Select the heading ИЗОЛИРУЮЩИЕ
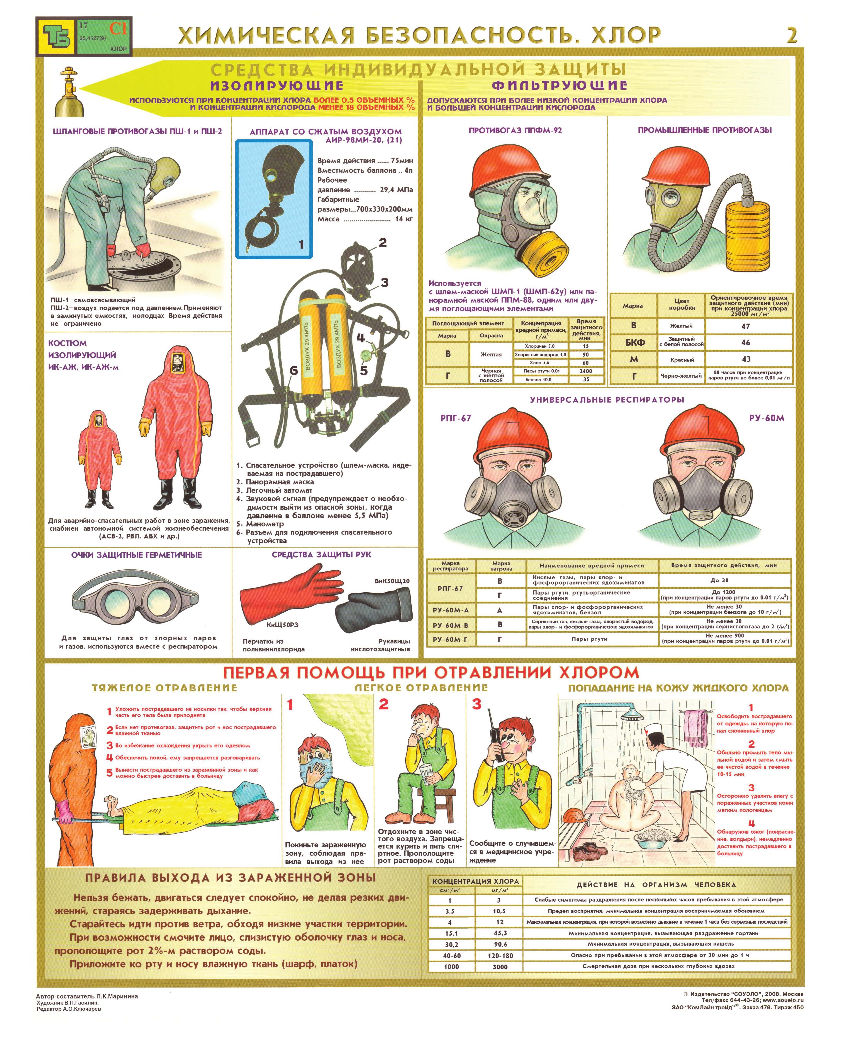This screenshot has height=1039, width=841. [277, 86]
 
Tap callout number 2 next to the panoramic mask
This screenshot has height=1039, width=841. [382, 243]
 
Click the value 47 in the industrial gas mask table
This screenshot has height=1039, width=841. [746, 326]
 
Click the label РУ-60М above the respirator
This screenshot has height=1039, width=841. [766, 418]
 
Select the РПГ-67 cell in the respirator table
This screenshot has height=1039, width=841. [451, 588]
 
